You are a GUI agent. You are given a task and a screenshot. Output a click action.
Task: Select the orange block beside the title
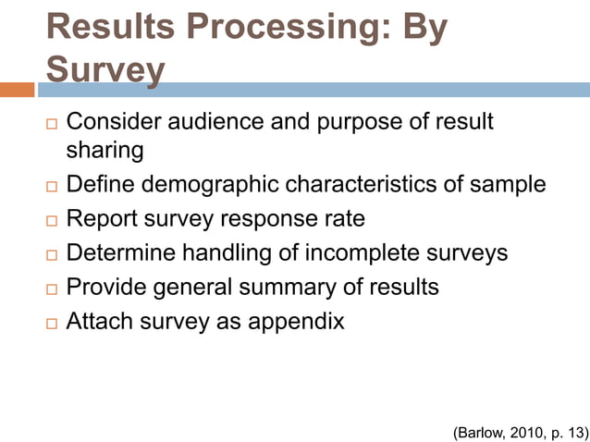pos(18,90)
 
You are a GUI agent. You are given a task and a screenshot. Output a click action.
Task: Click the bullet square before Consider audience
pos(51,123)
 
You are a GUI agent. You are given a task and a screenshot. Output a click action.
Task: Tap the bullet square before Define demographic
pos(51,186)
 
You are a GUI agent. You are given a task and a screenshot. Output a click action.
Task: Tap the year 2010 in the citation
pos(524,431)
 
